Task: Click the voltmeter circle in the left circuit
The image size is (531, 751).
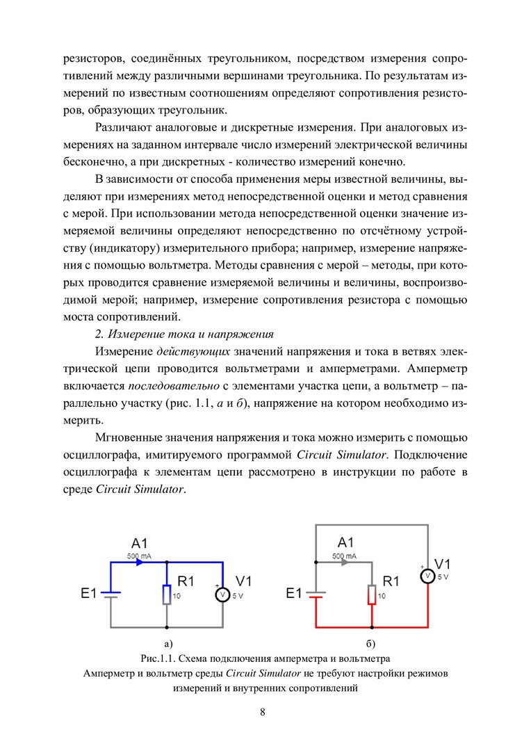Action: (222, 595)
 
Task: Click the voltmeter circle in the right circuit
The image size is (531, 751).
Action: (428, 576)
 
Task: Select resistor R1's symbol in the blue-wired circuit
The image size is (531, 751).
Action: (167, 595)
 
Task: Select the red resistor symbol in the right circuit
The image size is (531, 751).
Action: (372, 595)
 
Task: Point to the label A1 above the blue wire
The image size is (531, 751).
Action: (140, 543)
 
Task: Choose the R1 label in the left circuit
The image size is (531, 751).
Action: (187, 581)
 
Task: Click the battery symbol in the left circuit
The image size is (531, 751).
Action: (112, 594)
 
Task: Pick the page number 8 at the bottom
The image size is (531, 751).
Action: (263, 711)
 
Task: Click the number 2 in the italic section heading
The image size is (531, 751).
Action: (99, 335)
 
